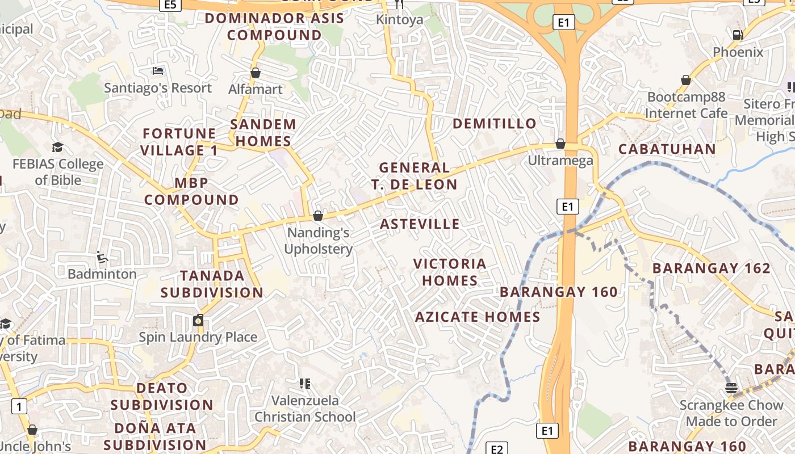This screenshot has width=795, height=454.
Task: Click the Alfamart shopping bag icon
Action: [256, 73]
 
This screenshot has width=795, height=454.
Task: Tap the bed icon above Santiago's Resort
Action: [158, 71]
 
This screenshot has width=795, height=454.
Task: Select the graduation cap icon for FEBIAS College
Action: [57, 148]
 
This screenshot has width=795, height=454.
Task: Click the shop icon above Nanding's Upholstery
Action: [318, 216]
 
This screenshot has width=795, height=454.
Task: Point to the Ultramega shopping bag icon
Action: [560, 144]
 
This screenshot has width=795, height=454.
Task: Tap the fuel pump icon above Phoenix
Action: [738, 35]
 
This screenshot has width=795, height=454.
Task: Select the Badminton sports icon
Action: [102, 257]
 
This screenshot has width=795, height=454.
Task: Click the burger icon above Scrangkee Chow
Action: [731, 388]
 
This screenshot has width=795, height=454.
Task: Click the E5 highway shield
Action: [170, 5]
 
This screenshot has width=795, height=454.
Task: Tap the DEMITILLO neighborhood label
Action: [494, 124]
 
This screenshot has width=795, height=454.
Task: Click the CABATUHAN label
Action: [667, 149]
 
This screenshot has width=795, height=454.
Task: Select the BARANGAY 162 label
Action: [712, 268]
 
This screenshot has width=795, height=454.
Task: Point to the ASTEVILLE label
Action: [420, 224]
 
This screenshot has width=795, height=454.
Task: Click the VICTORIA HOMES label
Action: [450, 272]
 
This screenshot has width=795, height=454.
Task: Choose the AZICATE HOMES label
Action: [478, 317]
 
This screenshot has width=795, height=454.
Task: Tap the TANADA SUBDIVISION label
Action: [212, 284]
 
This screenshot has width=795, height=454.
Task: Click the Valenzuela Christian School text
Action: [305, 409]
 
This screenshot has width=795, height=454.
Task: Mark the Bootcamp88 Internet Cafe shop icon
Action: [686, 81]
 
